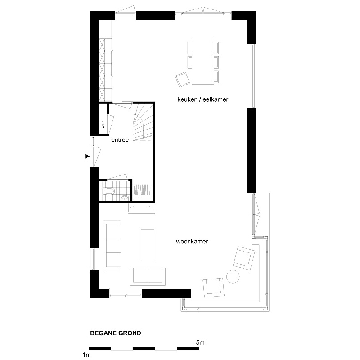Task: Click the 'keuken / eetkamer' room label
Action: point(203,99)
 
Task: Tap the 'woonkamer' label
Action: point(192,242)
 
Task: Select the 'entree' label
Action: point(120,140)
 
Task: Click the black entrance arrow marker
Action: point(87,156)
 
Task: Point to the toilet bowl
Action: point(109,191)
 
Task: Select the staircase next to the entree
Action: point(142,121)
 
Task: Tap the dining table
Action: point(203,61)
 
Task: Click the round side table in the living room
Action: point(233,276)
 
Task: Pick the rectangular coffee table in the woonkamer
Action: point(148,245)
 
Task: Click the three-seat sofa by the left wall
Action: point(112,245)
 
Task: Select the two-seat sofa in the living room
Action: point(148,276)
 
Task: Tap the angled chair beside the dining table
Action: point(183,80)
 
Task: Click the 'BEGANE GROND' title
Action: point(116,333)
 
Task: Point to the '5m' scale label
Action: point(200,343)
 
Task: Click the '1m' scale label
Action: point(87,355)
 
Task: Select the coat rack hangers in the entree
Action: point(142,189)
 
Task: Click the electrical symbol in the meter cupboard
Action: point(103,126)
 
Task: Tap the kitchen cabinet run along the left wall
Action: point(106,70)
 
